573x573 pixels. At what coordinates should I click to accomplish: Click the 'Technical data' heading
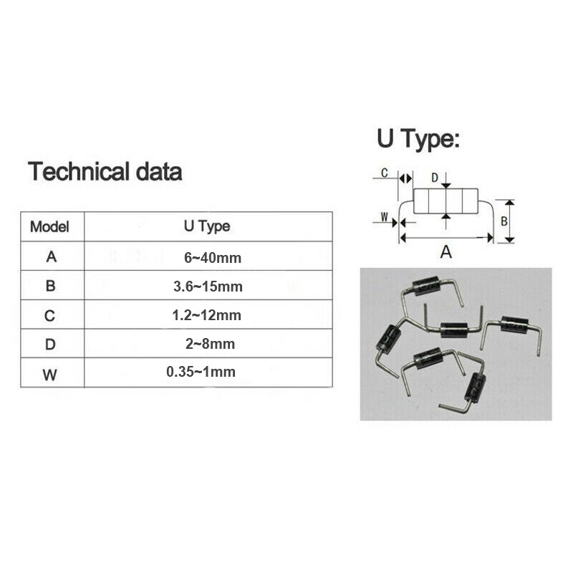pyautogui.click(x=105, y=172)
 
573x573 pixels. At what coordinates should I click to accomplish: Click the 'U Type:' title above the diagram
pyautogui.click(x=418, y=140)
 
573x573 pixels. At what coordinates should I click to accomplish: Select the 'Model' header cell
pyautogui.click(x=50, y=227)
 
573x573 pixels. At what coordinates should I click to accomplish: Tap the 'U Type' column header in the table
pyautogui.click(x=208, y=226)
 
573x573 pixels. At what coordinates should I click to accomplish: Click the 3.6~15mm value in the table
pyautogui.click(x=209, y=286)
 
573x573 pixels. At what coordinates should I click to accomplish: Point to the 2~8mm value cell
pyautogui.click(x=209, y=345)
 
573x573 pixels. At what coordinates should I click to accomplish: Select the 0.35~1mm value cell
pyautogui.click(x=201, y=372)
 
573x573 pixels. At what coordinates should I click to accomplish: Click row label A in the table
pyautogui.click(x=51, y=257)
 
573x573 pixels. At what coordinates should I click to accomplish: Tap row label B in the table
pyautogui.click(x=51, y=286)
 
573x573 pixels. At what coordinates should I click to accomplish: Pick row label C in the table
pyautogui.click(x=51, y=315)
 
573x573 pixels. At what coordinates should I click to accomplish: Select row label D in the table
pyautogui.click(x=51, y=345)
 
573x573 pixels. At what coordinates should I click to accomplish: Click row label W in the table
pyautogui.click(x=51, y=372)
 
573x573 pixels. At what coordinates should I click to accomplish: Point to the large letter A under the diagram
pyautogui.click(x=446, y=252)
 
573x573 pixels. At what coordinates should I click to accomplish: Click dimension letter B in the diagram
pyautogui.click(x=504, y=221)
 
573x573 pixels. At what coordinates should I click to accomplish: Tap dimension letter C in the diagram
pyautogui.click(x=385, y=173)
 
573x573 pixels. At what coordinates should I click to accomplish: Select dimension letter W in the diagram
pyautogui.click(x=384, y=216)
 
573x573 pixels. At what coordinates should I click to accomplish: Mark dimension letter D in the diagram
pyautogui.click(x=434, y=176)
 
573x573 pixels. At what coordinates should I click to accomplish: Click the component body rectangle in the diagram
pyautogui.click(x=446, y=201)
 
